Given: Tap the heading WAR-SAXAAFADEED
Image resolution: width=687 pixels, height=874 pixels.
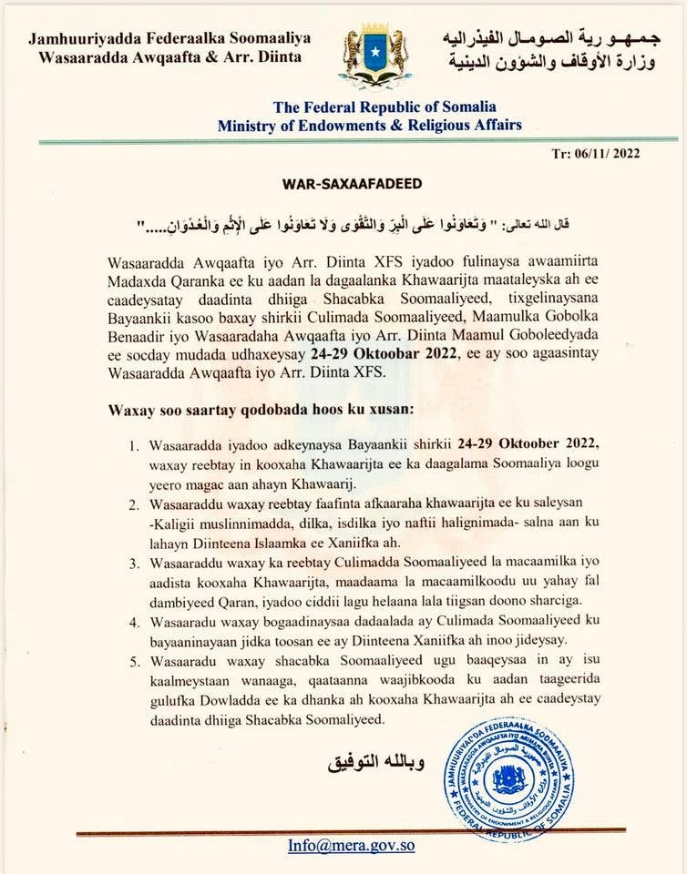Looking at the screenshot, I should [344, 184].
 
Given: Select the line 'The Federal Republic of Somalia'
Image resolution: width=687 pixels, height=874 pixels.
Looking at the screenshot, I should [370, 107].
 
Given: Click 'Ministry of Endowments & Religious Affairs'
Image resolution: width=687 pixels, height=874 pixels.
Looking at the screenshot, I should [370, 125].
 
